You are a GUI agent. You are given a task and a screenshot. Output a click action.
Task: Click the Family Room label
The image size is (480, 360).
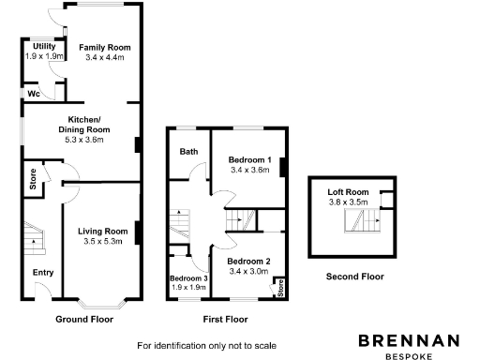coord(104,47)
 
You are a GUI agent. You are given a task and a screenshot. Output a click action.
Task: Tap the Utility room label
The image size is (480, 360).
coord(44,46)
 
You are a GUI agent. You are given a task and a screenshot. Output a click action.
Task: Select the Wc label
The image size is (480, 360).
coord(33,94)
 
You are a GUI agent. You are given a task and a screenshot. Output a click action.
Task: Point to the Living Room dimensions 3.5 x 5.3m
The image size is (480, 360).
coord(102,242)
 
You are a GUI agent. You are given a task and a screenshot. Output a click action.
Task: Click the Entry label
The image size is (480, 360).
coord(43,273)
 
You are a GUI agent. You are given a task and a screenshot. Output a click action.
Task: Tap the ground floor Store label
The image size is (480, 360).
coord(33,180)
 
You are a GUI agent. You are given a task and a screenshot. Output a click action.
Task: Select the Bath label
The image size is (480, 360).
coord(188,151)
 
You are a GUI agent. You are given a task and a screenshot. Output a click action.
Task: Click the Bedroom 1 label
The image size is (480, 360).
coord(249,160)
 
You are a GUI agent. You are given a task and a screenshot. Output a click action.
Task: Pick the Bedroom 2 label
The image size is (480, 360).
coord(248,261)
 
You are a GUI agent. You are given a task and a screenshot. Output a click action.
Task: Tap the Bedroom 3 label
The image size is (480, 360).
coord(188,278)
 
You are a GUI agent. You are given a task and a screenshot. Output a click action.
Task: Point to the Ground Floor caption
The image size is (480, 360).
coord(83,319)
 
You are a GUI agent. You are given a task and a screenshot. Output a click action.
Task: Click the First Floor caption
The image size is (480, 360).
coord(225,319)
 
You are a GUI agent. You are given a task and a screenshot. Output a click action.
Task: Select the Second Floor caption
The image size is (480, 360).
coord(354,277)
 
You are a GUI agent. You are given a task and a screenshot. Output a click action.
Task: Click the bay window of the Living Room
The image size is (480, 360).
coord(101,304)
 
